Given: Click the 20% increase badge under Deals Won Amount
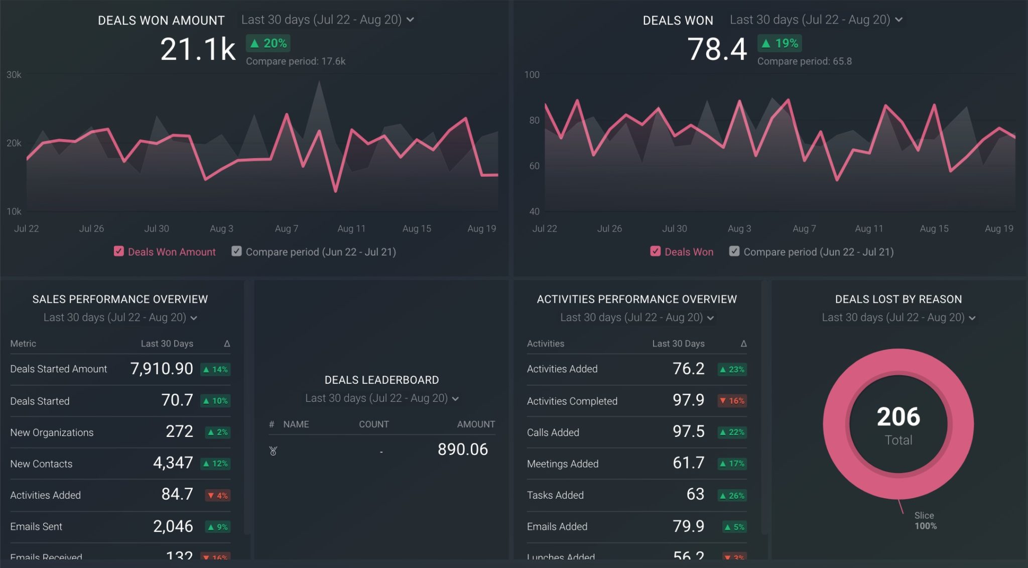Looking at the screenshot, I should (x=268, y=43).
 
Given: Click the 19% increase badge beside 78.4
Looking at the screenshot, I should (x=780, y=43).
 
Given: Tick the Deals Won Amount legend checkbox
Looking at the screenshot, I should (x=119, y=251).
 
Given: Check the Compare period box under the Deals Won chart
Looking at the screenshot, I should (x=734, y=251).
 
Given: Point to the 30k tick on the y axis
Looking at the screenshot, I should (x=14, y=75).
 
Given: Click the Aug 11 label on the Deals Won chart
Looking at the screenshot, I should (x=868, y=229).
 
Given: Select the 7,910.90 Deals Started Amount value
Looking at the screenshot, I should (x=161, y=369).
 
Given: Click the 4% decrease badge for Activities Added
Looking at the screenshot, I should (x=218, y=495).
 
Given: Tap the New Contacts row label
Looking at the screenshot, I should (x=41, y=464).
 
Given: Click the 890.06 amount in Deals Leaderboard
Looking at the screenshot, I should (x=462, y=449).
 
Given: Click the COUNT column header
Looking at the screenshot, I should (x=373, y=424).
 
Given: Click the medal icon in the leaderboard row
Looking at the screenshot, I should (x=273, y=451).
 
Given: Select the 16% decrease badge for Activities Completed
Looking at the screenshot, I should (x=732, y=401).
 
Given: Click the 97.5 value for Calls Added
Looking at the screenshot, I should (x=688, y=432).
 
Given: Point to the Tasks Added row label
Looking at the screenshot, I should (x=555, y=495).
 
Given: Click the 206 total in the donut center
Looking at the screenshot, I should (x=898, y=417).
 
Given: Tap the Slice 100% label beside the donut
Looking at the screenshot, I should (x=925, y=521).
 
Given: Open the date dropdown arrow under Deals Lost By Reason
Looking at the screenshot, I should (x=972, y=318).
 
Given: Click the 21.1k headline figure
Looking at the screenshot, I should (x=198, y=49).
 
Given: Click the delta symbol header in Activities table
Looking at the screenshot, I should (x=743, y=344).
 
